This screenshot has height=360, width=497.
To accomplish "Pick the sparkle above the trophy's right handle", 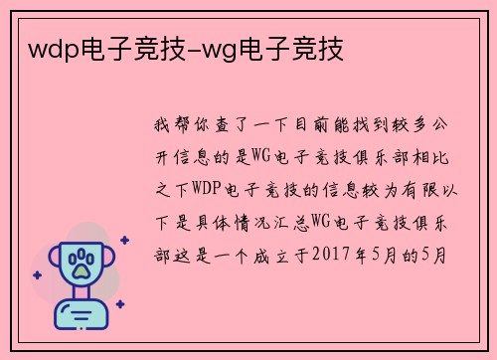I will pyautogui.click(x=124, y=240).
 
